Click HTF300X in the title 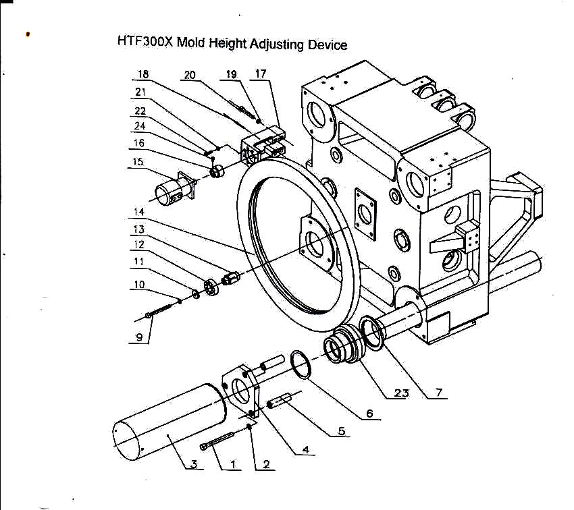(x=146, y=40)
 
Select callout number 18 (x=143, y=75)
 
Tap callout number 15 (x=138, y=162)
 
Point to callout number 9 (x=138, y=337)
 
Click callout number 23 (x=401, y=394)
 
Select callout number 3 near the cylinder (x=194, y=464)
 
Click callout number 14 (x=138, y=212)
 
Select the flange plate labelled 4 (x=243, y=391)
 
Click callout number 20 (x=189, y=75)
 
